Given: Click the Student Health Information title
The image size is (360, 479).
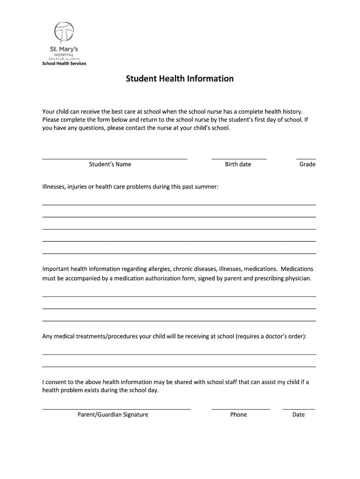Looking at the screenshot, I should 180,79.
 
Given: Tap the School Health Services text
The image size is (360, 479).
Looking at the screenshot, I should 65,63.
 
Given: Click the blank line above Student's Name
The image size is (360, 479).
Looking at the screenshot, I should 115,159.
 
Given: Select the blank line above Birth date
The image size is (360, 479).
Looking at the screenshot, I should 239,159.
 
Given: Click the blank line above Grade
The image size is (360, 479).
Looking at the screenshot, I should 306,159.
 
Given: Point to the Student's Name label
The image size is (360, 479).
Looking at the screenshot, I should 110,164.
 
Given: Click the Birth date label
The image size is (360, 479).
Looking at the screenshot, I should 238,164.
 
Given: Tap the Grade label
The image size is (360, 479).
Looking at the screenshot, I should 307,164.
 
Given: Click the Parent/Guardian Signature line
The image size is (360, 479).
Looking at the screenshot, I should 116,409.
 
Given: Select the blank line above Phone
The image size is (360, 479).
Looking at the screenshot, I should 241,409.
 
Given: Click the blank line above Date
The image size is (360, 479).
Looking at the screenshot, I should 299,409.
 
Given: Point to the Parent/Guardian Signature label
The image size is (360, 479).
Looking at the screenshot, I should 113,414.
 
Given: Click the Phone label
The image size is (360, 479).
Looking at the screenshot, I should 238,414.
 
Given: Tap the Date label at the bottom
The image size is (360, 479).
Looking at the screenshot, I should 298,414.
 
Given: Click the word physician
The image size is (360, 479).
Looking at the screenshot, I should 295,278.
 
